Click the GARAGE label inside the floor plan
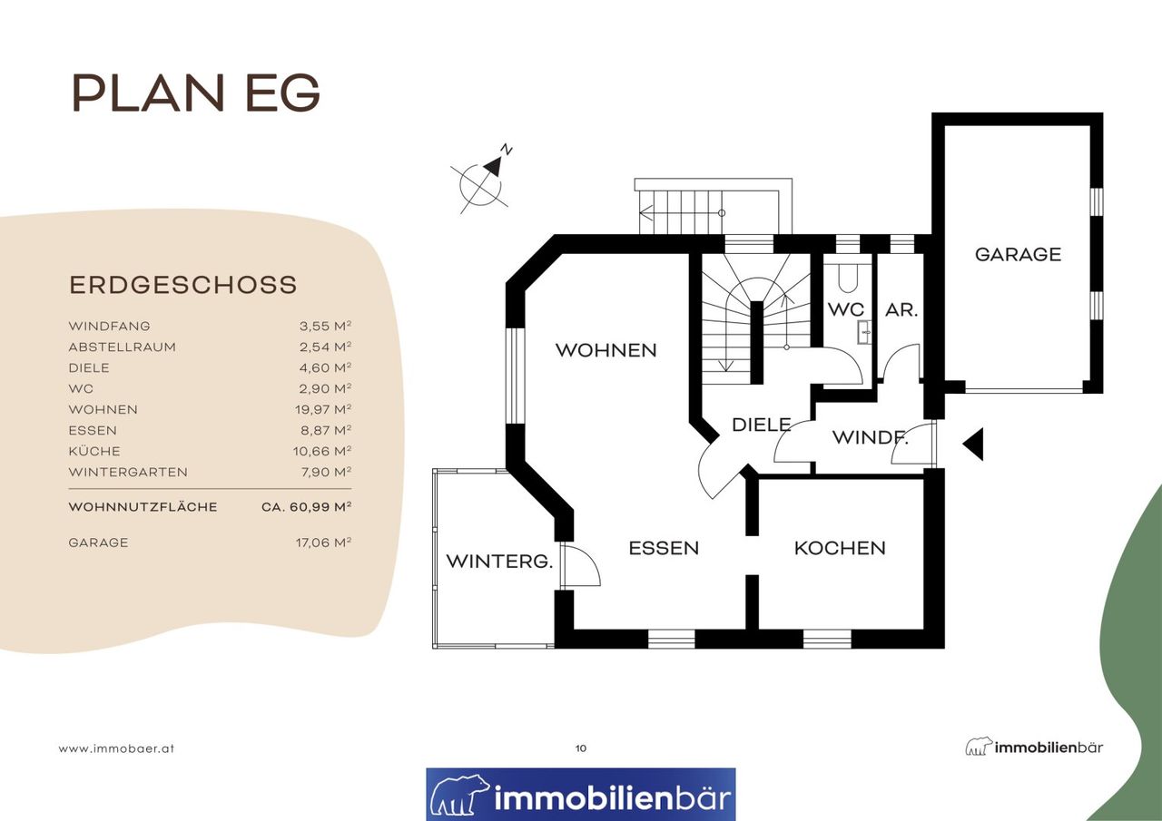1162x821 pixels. (x=1018, y=255)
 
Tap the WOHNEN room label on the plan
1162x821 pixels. (x=606, y=350)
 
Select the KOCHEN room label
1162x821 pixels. (x=840, y=548)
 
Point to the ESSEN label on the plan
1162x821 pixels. (x=664, y=548)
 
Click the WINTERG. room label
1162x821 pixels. (x=499, y=561)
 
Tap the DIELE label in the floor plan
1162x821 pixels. (x=761, y=425)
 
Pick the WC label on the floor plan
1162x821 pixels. (x=846, y=309)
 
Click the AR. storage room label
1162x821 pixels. (x=901, y=309)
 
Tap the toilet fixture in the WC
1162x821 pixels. (x=848, y=279)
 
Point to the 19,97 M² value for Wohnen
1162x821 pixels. (x=323, y=409)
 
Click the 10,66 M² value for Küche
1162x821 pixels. (x=322, y=451)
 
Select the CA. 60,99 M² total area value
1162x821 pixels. (x=307, y=506)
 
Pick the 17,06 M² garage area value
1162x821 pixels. (x=324, y=542)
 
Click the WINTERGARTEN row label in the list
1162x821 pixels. (x=128, y=472)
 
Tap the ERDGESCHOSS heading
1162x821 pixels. (x=183, y=285)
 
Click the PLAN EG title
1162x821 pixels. (x=196, y=93)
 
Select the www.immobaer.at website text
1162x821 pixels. (x=116, y=749)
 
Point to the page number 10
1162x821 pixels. (x=581, y=748)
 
